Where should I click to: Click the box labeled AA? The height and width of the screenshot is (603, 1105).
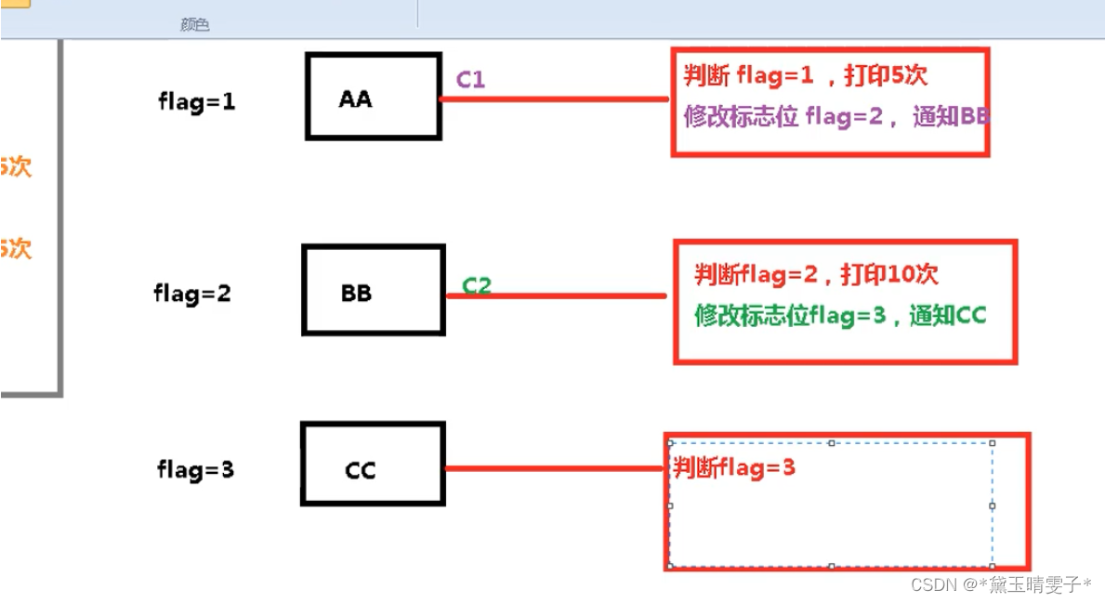(373, 97)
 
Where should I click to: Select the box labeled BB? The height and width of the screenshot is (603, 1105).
(373, 291)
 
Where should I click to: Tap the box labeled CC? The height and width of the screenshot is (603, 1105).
(373, 465)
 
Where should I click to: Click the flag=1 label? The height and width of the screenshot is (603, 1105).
(197, 102)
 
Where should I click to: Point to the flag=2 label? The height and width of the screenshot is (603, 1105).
(192, 295)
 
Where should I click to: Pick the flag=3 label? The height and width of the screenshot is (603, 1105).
(195, 470)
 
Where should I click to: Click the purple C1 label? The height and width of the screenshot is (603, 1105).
(470, 80)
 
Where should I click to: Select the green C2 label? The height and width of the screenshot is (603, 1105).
(476, 285)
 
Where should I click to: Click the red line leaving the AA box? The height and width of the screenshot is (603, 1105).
(554, 98)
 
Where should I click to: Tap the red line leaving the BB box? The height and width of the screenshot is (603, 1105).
(556, 296)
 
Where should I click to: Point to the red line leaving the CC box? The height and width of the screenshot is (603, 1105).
(554, 468)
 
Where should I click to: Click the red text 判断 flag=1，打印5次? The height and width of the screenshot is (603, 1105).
(805, 76)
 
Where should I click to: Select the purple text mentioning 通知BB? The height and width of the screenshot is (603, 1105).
(836, 117)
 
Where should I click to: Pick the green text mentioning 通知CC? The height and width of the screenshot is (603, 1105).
(839, 315)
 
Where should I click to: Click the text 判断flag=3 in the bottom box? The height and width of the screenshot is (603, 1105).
(734, 467)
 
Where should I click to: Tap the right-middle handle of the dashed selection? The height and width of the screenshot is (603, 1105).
(993, 506)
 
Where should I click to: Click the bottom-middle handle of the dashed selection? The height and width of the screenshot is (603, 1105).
(831, 566)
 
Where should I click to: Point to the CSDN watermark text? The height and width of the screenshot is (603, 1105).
(1001, 584)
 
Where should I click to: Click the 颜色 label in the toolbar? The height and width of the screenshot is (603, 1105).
(195, 25)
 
